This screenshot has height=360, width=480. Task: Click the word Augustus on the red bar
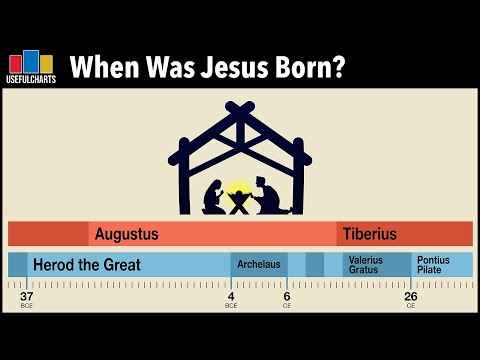tap(126, 234)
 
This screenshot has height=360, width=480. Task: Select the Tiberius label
tap(370, 234)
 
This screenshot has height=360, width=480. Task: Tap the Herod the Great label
tap(87, 265)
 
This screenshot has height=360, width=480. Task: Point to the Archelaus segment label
tap(258, 265)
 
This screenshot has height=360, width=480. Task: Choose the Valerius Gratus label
tap(365, 265)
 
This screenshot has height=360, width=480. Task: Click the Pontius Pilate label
tap(434, 265)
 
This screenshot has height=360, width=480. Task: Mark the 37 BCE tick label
tap(27, 297)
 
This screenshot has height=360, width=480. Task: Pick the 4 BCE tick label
tap(231, 297)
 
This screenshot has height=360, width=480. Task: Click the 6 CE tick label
tap(286, 297)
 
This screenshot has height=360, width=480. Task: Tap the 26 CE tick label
tap(411, 297)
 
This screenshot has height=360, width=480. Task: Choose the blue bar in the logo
tap(31, 60)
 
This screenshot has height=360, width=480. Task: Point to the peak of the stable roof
tap(240, 104)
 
